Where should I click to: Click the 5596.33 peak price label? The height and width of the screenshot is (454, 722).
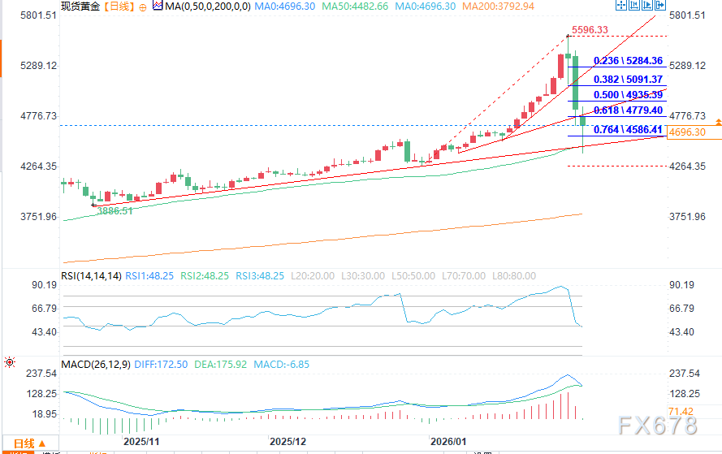pos(590,30)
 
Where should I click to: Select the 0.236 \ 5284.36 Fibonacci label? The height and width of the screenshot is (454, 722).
pos(629,61)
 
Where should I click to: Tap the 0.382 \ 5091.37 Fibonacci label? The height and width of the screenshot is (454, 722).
pos(629,80)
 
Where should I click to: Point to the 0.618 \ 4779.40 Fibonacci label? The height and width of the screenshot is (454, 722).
pos(629,110)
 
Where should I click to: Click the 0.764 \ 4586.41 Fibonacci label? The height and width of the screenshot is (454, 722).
pos(629,129)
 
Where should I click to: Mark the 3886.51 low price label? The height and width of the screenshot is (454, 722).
pos(115,210)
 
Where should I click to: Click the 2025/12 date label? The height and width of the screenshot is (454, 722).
pos(288,441)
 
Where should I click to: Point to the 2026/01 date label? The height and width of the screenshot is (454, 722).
pos(449,441)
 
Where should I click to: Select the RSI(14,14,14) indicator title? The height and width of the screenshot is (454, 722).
pos(91,276)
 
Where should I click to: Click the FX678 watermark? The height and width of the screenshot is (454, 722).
pos(656,425)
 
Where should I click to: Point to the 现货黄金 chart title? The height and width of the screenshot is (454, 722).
pos(79,6)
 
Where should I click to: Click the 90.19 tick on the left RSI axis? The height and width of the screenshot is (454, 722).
pos(43,286)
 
